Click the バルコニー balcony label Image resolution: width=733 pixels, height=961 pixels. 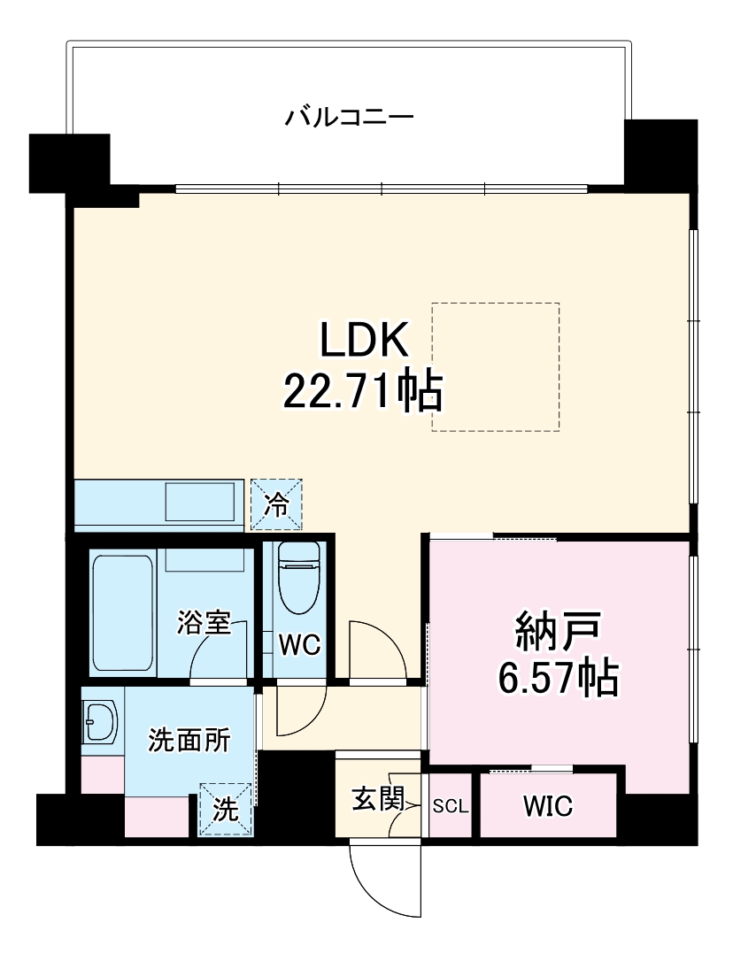click(x=349, y=118)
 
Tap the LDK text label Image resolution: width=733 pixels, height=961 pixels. click(x=363, y=340)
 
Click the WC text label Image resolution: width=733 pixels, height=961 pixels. click(x=299, y=645)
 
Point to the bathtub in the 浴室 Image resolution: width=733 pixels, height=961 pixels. click(x=124, y=612)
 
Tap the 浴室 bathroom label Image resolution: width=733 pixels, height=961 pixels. click(x=204, y=623)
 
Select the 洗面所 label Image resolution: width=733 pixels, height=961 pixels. click(x=189, y=740)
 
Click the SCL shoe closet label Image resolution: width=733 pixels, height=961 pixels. click(x=451, y=807)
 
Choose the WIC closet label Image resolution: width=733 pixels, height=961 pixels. click(x=547, y=806)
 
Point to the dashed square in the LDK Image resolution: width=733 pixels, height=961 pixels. click(x=495, y=366)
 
